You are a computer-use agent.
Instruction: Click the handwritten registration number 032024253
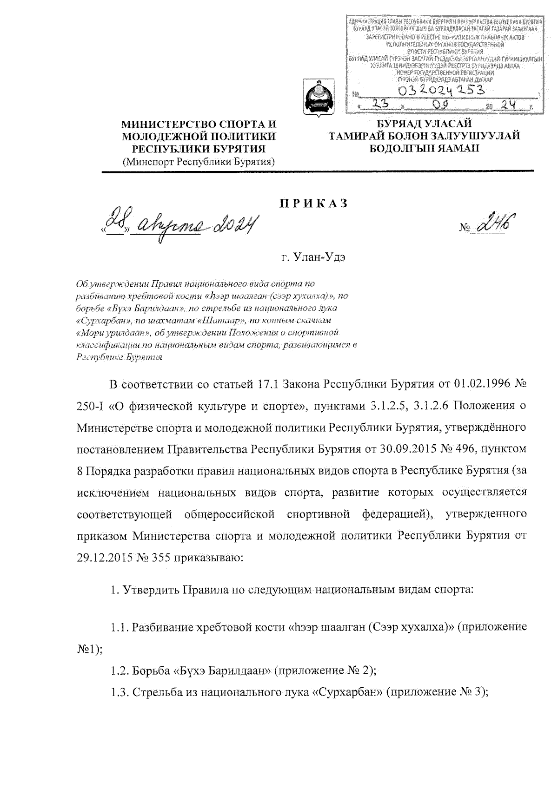tap(439, 89)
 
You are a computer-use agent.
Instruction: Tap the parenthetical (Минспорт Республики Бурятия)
tap(199, 162)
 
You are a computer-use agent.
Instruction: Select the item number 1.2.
tap(120, 671)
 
